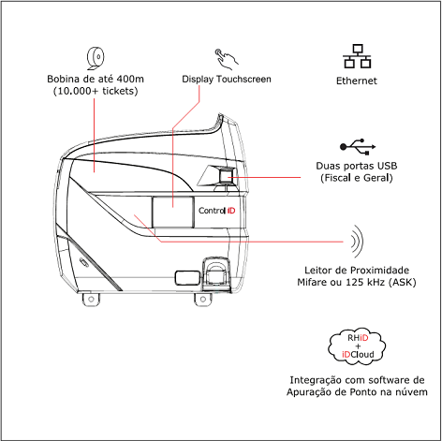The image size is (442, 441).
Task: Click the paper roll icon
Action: click(x=96, y=59)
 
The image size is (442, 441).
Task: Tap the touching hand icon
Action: click(x=227, y=59)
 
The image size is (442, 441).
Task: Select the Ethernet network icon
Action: click(x=357, y=56)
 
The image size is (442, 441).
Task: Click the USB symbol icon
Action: click(x=358, y=147)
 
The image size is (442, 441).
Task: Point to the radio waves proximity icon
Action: click(x=357, y=242)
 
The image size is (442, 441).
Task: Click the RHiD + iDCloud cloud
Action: click(x=357, y=346)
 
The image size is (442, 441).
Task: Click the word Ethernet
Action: click(x=357, y=81)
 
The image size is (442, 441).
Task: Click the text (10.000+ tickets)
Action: click(x=96, y=91)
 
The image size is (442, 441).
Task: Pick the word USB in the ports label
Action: click(x=387, y=166)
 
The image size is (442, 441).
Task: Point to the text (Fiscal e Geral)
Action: click(x=357, y=178)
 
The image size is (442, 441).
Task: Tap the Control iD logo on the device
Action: click(x=217, y=211)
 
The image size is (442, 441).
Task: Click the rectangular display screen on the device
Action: click(x=172, y=213)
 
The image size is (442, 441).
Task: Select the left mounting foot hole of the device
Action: click(x=91, y=299)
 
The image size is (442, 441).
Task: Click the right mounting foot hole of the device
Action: click(x=203, y=300)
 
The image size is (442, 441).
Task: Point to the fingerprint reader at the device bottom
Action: click(x=216, y=273)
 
